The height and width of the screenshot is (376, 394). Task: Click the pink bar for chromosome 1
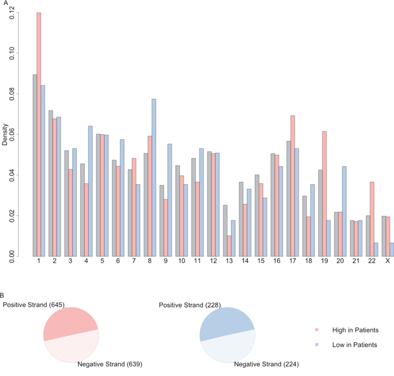(39, 134)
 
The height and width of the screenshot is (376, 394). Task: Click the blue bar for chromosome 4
(90, 191)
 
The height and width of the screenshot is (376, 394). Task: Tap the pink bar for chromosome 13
(229, 246)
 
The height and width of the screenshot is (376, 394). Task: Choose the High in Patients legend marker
(316, 330)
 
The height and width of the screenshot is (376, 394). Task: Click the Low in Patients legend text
(358, 345)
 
